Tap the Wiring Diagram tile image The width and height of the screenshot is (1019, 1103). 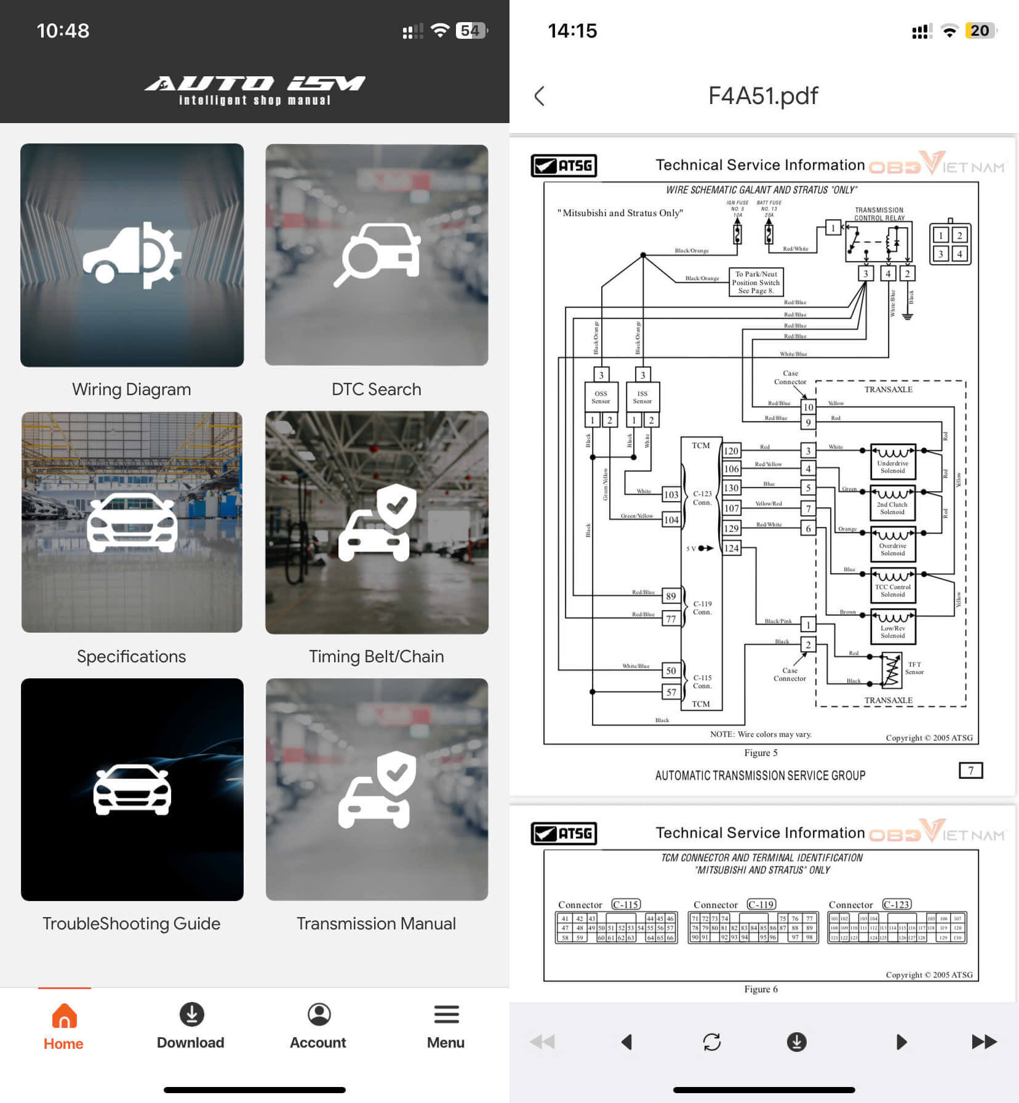point(132,255)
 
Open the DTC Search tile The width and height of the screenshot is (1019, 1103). point(377,255)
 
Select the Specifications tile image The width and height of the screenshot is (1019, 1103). point(132,522)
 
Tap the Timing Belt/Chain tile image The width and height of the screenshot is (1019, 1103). point(377,522)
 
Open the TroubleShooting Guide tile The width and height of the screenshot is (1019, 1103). point(132,789)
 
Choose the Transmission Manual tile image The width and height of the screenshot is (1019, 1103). point(377,789)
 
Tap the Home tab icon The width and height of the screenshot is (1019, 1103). point(64,1016)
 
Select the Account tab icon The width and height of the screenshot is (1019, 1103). point(319,1014)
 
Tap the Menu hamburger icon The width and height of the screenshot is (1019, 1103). point(446,1014)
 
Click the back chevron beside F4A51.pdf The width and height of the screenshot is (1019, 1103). point(540,96)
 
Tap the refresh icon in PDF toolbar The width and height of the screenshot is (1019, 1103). point(711,1041)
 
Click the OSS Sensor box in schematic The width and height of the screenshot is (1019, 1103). point(601,397)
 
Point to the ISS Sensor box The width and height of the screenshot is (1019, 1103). point(642,397)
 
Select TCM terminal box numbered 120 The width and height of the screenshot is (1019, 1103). point(731,451)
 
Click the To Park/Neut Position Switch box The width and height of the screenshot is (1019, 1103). point(756,282)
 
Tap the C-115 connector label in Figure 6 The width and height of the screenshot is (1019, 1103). point(626,904)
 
